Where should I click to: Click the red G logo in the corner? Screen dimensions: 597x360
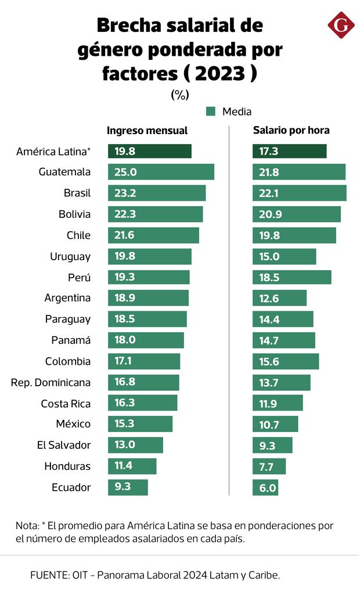click(341, 26)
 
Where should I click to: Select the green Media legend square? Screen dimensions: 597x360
click(211, 111)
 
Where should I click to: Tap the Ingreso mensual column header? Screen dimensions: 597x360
click(147, 131)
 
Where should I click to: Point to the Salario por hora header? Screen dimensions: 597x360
click(291, 131)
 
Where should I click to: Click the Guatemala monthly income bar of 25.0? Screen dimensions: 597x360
click(161, 172)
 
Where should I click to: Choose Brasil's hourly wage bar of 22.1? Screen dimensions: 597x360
click(299, 193)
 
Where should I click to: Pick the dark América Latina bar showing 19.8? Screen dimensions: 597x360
click(150, 151)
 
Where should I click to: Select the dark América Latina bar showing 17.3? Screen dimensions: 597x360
click(289, 151)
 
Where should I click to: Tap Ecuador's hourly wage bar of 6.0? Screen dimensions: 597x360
click(265, 487)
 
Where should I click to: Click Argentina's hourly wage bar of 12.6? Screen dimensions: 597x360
click(279, 298)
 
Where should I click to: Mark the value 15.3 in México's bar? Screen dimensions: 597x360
click(125, 424)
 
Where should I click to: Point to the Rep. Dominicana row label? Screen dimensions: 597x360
click(51, 383)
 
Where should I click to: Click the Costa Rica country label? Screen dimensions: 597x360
click(66, 404)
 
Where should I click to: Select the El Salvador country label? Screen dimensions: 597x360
click(64, 445)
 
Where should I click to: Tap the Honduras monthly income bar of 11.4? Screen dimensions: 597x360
click(132, 466)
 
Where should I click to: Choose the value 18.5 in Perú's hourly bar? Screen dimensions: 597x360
click(269, 277)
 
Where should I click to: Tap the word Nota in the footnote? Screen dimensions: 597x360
click(27, 526)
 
